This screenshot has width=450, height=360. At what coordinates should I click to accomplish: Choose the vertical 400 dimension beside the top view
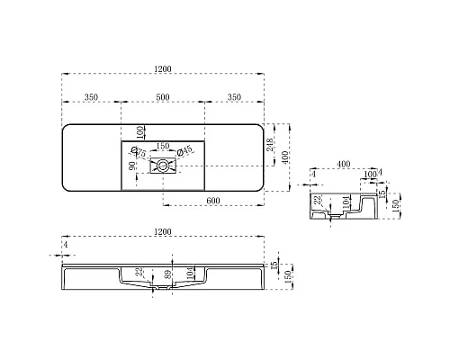(x=287, y=157)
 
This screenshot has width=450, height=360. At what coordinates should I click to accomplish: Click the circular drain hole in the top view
(x=163, y=164)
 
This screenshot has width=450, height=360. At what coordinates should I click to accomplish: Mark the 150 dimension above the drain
(x=163, y=145)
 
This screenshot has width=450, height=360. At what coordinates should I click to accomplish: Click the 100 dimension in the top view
(x=140, y=131)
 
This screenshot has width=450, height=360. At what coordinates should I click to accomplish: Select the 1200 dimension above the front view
(x=162, y=232)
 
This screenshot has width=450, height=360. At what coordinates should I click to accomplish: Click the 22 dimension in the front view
(x=139, y=273)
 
